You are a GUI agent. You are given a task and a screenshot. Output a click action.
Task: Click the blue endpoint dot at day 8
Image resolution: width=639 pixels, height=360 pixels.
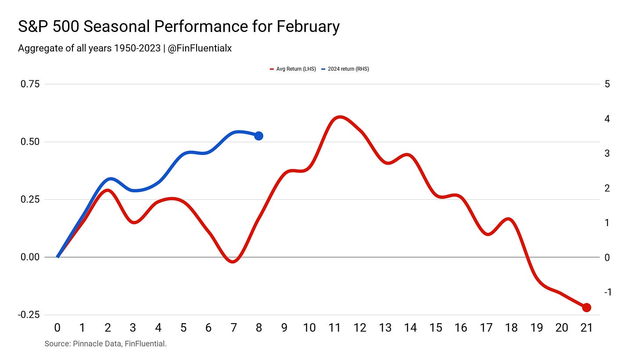[x=258, y=136]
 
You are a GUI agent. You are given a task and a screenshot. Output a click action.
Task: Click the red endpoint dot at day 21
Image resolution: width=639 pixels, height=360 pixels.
[x=586, y=307]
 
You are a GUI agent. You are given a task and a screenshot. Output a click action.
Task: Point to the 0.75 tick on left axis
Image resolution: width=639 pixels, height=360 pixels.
[x=30, y=84]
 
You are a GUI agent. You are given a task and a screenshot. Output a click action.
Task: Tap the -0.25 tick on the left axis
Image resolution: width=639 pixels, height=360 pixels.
[x=29, y=315]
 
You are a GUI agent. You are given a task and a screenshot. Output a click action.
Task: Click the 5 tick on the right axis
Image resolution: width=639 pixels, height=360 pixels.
[x=607, y=84]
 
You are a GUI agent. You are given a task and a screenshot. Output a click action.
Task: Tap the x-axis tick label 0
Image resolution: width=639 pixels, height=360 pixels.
[x=57, y=328]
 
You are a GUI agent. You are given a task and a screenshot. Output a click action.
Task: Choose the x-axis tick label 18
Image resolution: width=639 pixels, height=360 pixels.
[x=511, y=328]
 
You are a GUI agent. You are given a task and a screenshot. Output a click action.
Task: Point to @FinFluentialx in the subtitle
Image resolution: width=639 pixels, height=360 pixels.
[x=200, y=48]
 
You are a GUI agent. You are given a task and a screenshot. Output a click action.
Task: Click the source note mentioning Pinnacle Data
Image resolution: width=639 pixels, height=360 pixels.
[x=105, y=344]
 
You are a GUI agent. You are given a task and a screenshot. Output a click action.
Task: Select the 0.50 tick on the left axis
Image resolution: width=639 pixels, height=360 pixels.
[x=30, y=142]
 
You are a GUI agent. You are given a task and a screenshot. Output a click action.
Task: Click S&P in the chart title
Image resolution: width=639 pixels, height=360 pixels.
[x=33, y=27]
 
